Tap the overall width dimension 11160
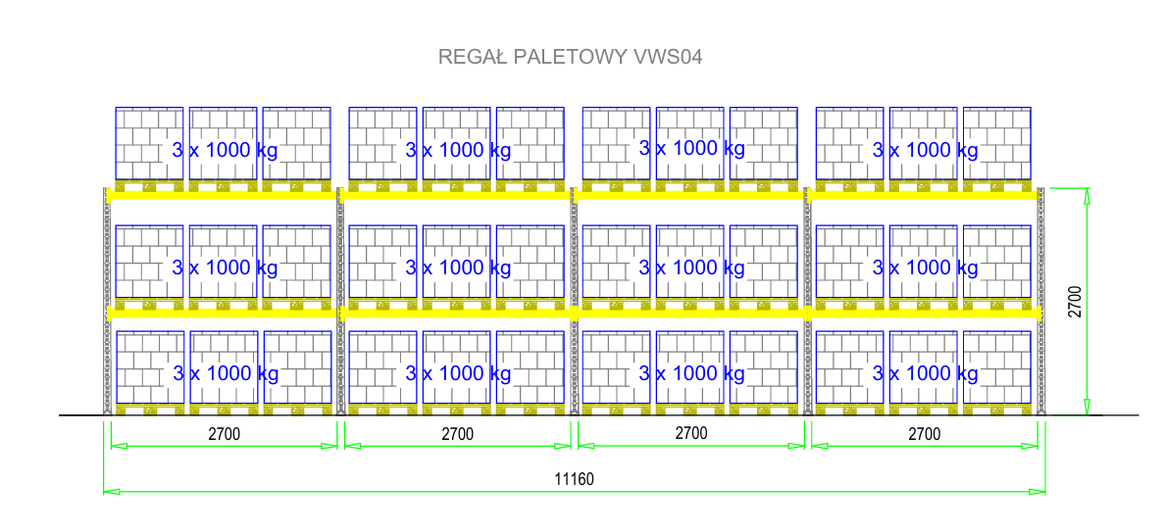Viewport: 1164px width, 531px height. coord(574,479)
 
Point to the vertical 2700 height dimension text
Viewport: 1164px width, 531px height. coord(1075,302)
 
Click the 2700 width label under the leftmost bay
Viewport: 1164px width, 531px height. coord(224,434)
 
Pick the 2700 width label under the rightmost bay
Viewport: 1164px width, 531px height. coord(924,434)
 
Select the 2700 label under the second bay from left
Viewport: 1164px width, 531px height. coord(457,434)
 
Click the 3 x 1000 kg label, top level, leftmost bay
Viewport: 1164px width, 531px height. coord(225,150)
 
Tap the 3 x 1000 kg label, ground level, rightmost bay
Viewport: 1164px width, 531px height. coord(925,373)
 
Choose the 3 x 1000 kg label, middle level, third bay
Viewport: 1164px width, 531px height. coord(691,266)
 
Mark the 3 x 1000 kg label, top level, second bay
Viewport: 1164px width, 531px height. coord(458,150)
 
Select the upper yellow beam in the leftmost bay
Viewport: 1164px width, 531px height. coord(224,195)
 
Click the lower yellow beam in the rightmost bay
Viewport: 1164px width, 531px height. coord(924,314)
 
